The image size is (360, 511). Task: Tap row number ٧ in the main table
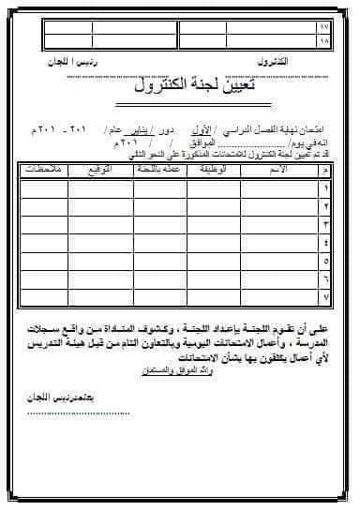325,297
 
